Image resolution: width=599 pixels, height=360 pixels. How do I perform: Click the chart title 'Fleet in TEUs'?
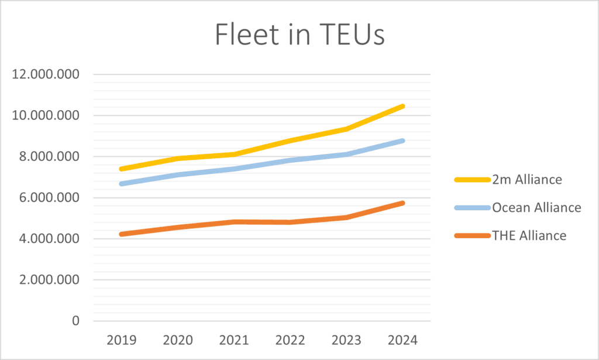coord(300,35)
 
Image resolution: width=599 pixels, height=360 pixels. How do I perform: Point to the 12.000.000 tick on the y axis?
coord(46,74)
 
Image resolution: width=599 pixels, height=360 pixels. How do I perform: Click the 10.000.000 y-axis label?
coord(46,115)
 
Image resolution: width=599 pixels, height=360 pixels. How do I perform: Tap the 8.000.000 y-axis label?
coord(49,156)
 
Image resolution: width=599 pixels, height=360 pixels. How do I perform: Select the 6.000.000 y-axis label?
coord(49,198)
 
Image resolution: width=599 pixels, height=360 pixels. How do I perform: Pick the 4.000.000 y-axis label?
coord(49,238)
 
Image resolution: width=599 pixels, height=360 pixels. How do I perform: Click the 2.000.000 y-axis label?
coord(49,280)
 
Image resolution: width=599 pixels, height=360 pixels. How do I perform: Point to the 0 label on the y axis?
coord(75,321)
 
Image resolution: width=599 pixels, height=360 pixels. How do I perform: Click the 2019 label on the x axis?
coord(122,340)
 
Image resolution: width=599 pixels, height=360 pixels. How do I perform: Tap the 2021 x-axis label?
coord(234,340)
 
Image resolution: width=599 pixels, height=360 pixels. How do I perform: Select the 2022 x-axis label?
coord(290,340)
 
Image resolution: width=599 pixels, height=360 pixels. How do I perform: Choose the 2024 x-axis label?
coord(402,340)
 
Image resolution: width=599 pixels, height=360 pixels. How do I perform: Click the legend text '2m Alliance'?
coord(527,179)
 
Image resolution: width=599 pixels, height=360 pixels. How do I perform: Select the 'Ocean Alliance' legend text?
coord(536,208)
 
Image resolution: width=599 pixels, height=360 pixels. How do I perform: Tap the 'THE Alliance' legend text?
coord(529,235)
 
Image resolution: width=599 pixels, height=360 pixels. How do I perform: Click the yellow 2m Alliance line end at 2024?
coord(402,106)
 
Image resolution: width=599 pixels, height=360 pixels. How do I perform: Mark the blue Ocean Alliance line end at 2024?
coord(402,141)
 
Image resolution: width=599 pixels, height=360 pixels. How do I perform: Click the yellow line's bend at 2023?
coord(346,129)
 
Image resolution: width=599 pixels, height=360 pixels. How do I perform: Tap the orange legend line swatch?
coord(472,236)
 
